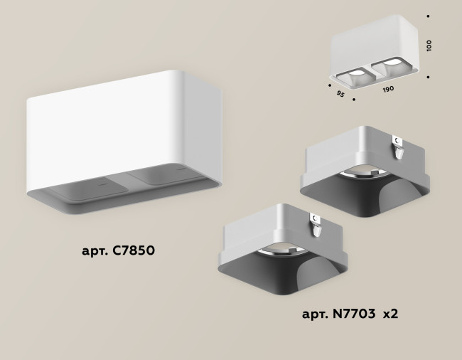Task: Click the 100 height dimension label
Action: tap(428, 46)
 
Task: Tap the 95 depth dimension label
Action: tap(340, 92)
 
